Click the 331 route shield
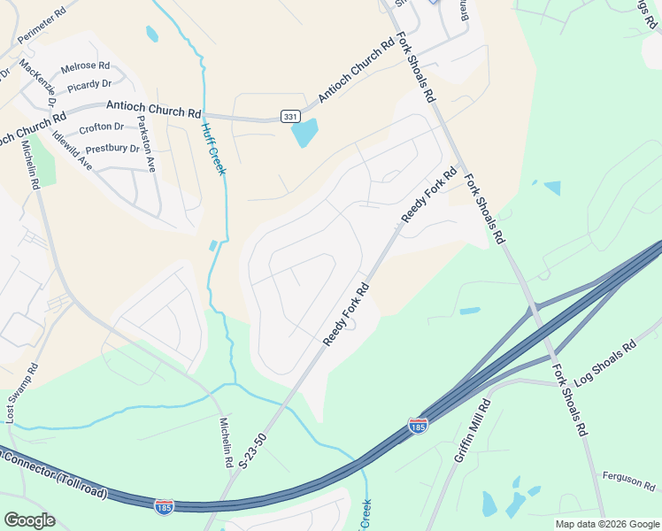click(x=289, y=117)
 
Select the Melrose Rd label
click(x=85, y=66)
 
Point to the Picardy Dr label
click(x=89, y=84)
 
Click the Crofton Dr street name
click(x=101, y=127)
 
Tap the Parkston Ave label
click(x=144, y=144)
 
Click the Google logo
click(x=29, y=519)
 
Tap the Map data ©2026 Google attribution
click(x=607, y=524)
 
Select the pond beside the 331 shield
click(x=304, y=133)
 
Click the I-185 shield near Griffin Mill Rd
click(x=419, y=426)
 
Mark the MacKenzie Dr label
click(x=38, y=78)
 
